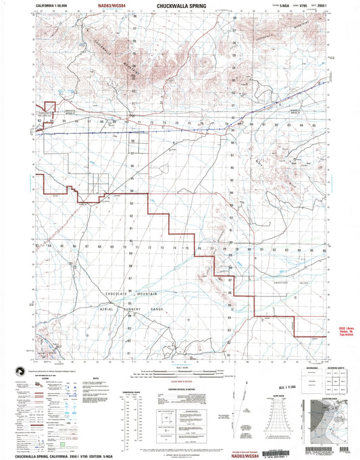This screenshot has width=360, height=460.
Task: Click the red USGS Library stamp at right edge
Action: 349,331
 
